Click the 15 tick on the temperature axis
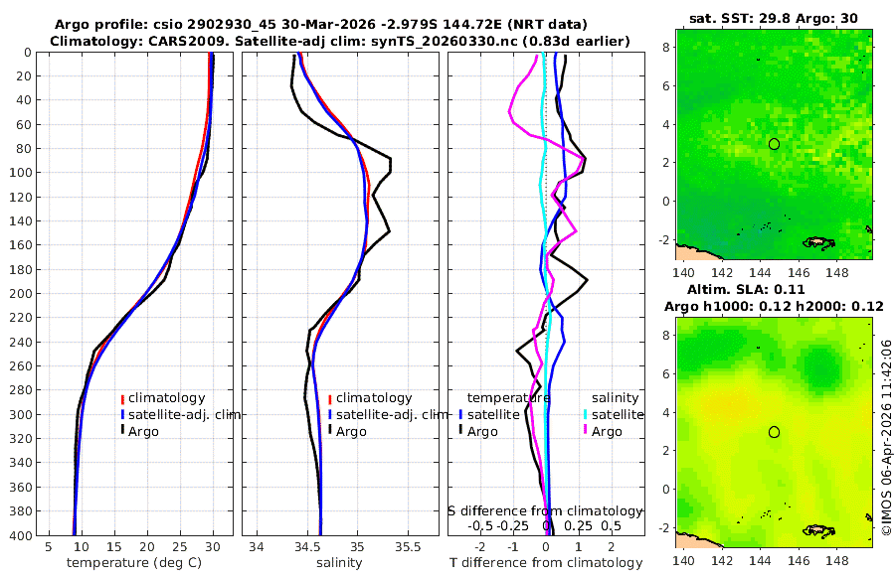click(x=113, y=547)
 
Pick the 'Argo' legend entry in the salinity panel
click(x=351, y=431)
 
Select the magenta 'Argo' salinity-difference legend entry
click(x=607, y=431)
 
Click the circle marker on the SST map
click(x=774, y=144)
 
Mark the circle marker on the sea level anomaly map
click(x=774, y=432)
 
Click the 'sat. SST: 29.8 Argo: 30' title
click(x=773, y=18)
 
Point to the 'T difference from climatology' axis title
click(x=546, y=563)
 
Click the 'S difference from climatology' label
click(x=546, y=510)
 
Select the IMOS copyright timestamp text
click(x=886, y=437)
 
